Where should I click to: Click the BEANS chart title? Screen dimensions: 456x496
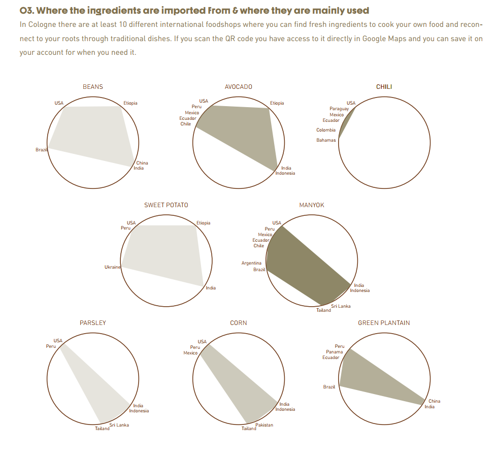[92, 87]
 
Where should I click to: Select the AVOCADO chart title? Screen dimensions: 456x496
[238, 87]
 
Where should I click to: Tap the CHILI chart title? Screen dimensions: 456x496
[384, 87]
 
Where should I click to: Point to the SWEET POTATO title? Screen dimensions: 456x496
[166, 205]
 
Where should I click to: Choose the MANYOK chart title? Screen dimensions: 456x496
[312, 205]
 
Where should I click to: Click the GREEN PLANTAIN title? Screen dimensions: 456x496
[384, 323]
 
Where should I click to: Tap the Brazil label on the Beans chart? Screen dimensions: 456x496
[41, 150]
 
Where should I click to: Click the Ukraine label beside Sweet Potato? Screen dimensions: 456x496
[112, 267]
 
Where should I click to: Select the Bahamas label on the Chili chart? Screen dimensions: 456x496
[326, 140]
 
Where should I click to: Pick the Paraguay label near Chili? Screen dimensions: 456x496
[339, 109]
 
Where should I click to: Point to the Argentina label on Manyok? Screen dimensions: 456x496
[251, 263]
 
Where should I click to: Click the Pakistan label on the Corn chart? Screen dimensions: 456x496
[264, 425]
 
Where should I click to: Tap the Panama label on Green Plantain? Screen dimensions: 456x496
[334, 352]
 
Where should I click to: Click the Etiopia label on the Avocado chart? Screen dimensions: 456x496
[277, 103]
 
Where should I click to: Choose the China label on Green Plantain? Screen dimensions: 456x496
[434, 401]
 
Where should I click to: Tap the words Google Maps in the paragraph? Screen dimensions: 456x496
[384, 39]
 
